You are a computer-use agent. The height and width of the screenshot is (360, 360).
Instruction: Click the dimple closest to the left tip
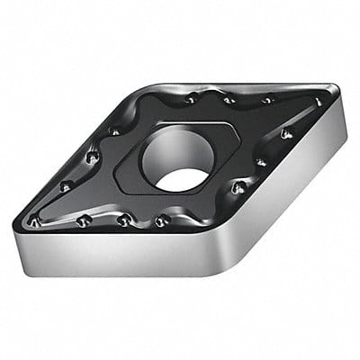tap(35, 220)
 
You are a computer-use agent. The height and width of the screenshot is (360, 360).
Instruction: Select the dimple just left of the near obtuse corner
tap(161, 220)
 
